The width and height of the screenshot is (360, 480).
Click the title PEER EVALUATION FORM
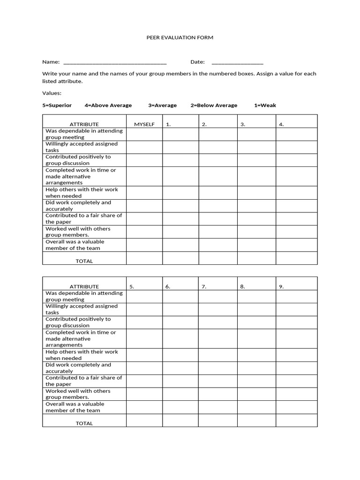180,37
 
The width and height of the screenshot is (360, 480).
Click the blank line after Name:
114,62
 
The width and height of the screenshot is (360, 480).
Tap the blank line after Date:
237,62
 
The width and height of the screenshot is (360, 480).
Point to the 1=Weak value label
265,105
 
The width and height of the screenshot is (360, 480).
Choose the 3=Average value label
162,105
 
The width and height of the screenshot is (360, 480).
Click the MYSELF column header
144,124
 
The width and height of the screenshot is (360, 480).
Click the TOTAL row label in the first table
84,261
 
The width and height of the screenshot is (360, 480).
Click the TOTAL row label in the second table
84,423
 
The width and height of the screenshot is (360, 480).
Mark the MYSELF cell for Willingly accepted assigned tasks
144,147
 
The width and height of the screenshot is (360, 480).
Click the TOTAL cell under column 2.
217,258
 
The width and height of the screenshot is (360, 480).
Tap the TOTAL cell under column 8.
256,420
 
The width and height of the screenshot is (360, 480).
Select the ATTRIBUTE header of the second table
84,286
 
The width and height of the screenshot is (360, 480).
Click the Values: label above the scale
52,93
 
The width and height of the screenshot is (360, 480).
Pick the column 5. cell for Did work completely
144,367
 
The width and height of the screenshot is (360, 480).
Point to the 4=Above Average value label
108,105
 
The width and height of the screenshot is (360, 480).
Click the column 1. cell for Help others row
180,192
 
